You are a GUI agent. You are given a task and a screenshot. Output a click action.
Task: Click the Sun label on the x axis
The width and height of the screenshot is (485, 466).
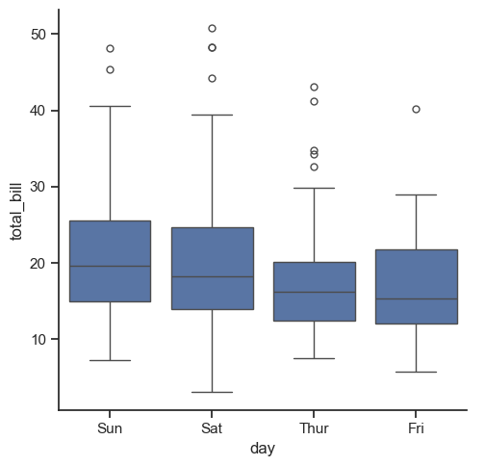click(x=110, y=428)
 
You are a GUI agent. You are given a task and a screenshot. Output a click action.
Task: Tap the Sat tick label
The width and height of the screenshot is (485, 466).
click(x=212, y=428)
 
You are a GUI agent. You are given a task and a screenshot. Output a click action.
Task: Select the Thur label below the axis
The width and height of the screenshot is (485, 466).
click(x=314, y=428)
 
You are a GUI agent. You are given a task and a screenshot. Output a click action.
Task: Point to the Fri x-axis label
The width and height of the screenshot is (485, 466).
click(x=416, y=428)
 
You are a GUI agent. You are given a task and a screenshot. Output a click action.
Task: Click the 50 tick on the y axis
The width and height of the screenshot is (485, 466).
click(x=38, y=35)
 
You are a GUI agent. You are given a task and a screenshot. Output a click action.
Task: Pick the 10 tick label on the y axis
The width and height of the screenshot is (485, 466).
click(x=38, y=339)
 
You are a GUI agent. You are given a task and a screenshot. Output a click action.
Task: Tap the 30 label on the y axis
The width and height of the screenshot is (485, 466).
click(x=38, y=187)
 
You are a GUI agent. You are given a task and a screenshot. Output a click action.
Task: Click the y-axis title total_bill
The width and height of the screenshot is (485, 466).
click(x=16, y=212)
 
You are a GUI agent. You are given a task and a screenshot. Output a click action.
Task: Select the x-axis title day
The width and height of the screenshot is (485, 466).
click(x=263, y=449)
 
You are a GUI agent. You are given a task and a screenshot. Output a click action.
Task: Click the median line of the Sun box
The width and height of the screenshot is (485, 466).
click(x=111, y=266)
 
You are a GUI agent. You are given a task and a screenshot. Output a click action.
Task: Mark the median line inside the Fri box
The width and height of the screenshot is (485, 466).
click(x=417, y=299)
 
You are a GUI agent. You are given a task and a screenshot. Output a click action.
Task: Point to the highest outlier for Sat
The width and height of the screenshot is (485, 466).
click(x=212, y=28)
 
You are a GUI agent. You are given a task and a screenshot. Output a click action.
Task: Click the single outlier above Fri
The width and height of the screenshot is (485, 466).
click(x=416, y=110)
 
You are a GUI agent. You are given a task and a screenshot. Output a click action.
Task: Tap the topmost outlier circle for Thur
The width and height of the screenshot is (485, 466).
click(x=314, y=87)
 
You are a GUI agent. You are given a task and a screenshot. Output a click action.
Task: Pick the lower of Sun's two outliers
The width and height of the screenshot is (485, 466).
click(x=110, y=69)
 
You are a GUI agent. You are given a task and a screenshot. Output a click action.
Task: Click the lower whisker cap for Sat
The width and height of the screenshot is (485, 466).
click(x=212, y=392)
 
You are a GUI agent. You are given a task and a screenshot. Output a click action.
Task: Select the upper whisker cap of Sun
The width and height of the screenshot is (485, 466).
click(x=110, y=106)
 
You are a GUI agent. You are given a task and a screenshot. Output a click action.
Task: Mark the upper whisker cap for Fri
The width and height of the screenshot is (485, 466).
click(x=416, y=194)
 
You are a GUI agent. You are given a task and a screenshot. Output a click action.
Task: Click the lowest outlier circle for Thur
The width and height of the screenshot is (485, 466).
click(x=314, y=167)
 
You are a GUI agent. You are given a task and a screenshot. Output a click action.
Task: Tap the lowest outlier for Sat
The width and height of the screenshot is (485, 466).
click(x=212, y=78)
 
